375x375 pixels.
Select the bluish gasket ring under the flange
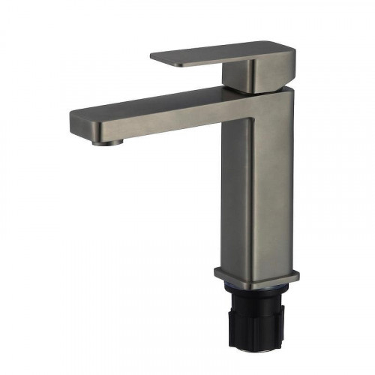(x=259, y=290)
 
